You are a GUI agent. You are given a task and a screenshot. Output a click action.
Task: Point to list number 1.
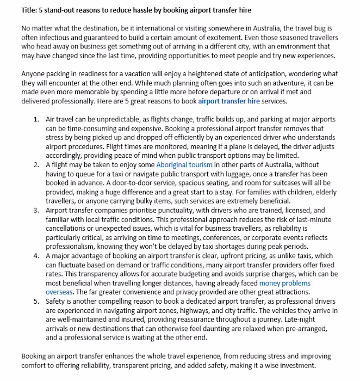36,119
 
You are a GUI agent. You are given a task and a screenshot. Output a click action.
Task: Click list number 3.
36,210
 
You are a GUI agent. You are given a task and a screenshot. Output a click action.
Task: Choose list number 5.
36,300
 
